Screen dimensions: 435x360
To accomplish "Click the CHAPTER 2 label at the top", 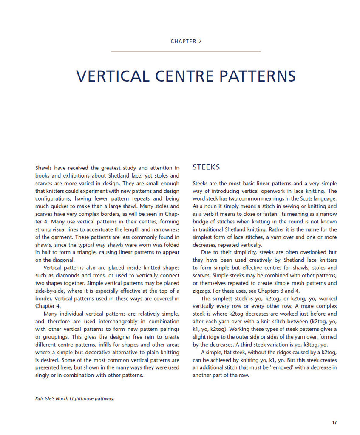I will point(186,41).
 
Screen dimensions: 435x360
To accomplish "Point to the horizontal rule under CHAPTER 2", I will point(186,52).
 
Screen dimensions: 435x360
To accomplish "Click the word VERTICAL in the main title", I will point(113,76).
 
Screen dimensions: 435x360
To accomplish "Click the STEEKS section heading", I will point(206,167).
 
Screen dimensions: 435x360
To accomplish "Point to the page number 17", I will point(334,422).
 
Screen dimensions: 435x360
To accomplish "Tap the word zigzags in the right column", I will point(203,291).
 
